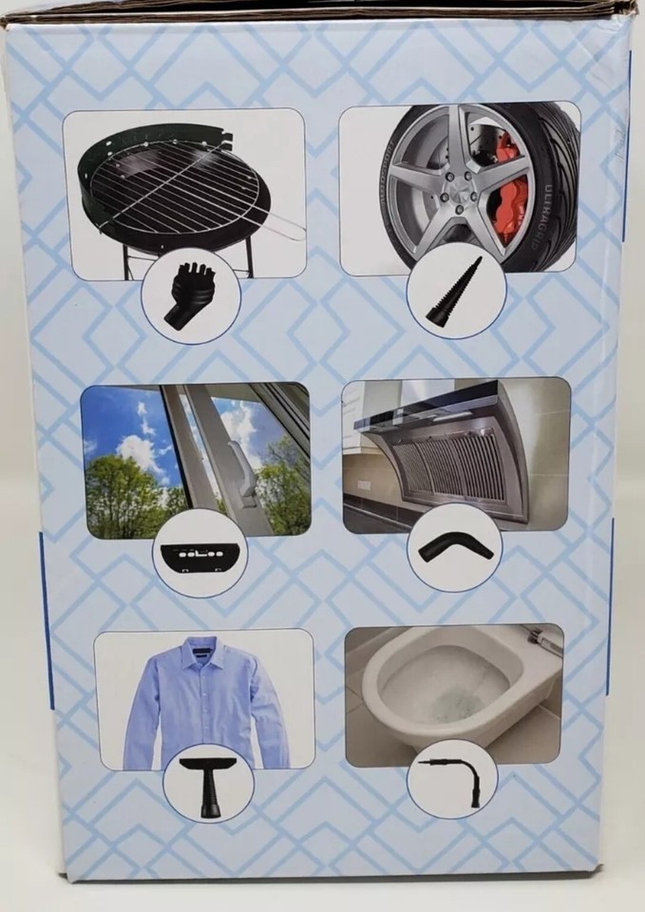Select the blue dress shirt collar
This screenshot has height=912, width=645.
point(203,655)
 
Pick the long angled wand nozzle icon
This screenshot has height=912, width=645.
point(454,774)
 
